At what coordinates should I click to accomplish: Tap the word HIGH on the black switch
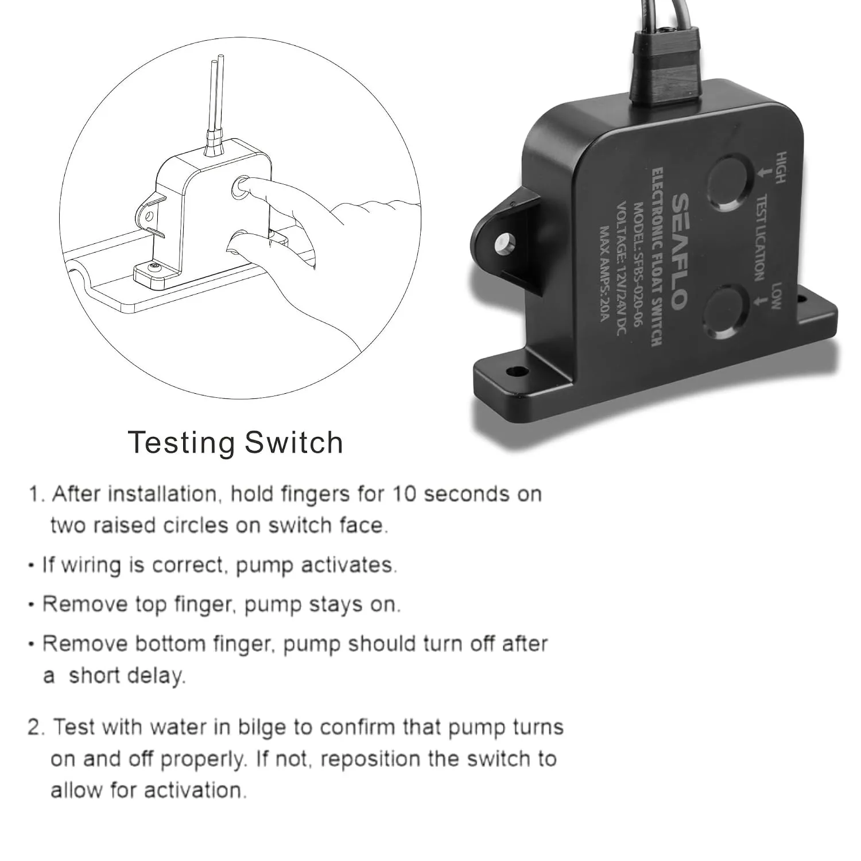(780, 168)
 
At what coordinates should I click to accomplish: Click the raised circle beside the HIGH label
(730, 183)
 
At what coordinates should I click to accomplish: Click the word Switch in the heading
(294, 442)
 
